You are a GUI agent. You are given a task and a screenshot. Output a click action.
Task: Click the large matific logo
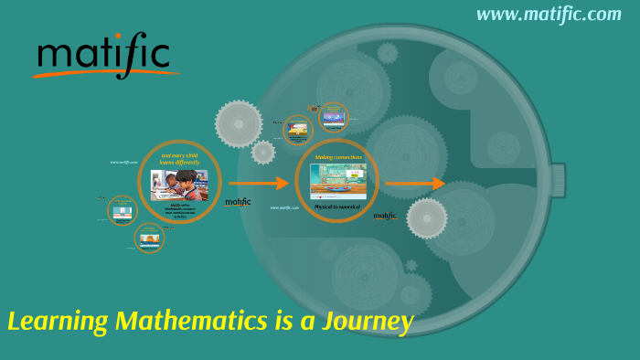tap(103, 57)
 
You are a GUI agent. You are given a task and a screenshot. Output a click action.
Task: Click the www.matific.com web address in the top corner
tap(549, 14)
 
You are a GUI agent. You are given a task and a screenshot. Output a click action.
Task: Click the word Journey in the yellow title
tap(369, 322)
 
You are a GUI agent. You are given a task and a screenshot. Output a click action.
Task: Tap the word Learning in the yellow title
tap(57, 322)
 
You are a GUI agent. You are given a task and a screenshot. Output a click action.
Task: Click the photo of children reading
tap(179, 185)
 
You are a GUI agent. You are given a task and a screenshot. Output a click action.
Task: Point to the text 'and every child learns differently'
tap(179, 159)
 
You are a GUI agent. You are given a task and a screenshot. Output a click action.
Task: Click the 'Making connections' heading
tap(338, 157)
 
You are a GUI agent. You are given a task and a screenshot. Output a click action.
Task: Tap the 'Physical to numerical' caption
tap(337, 207)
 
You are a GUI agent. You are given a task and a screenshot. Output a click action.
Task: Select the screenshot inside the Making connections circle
tap(337, 181)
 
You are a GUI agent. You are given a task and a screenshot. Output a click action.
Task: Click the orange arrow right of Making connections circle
tap(414, 184)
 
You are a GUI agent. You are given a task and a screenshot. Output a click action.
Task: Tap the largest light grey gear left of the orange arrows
tap(239, 124)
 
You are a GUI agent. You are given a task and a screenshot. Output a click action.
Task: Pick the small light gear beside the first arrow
tap(263, 153)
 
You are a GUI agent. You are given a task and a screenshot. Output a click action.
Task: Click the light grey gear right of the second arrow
tap(427, 218)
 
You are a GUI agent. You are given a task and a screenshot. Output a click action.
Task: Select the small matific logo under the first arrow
tap(238, 203)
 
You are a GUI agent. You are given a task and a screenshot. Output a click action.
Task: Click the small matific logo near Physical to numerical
tap(385, 217)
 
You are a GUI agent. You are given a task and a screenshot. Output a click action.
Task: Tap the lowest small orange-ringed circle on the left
tap(149, 238)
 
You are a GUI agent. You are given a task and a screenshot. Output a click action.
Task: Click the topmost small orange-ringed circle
tap(334, 117)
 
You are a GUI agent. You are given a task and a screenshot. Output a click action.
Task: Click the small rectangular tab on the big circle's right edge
tap(557, 180)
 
